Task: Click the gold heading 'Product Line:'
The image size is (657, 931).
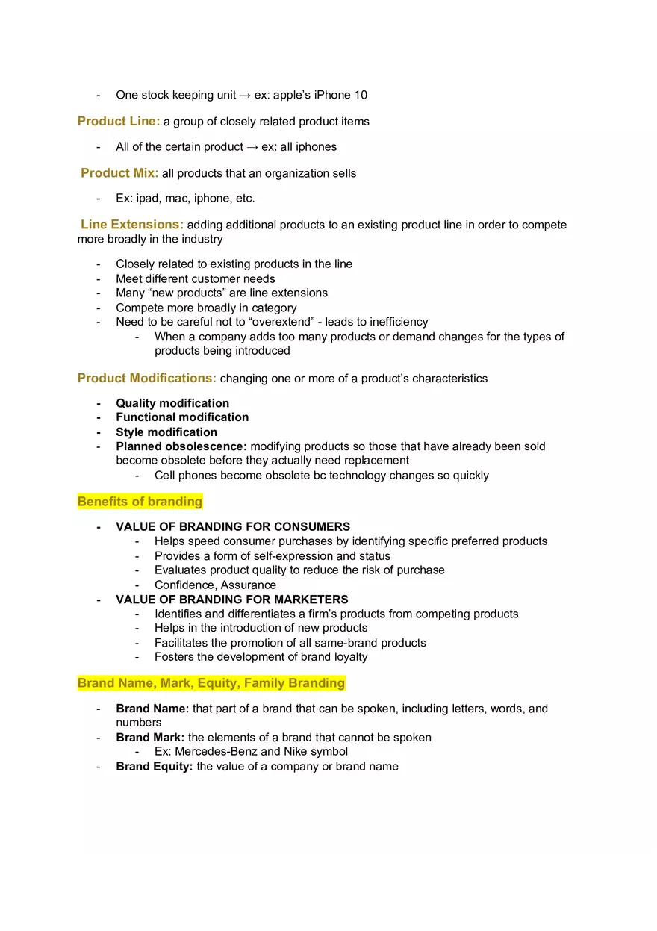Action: [x=119, y=121]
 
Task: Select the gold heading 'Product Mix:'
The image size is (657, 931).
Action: [x=119, y=173]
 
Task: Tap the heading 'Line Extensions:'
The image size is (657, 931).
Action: [x=131, y=225]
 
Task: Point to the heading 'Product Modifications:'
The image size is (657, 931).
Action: [x=147, y=378]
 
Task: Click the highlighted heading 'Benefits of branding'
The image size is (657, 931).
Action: [x=140, y=502]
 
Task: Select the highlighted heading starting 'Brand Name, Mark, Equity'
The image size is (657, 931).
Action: [x=211, y=683]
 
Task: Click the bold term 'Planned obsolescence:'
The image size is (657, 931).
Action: [x=181, y=446]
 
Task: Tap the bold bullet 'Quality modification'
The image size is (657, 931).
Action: [x=172, y=403]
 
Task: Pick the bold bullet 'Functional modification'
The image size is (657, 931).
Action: [x=182, y=417]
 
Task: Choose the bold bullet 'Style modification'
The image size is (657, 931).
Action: [x=166, y=432]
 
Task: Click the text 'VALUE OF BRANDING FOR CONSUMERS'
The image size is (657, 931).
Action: [x=233, y=527]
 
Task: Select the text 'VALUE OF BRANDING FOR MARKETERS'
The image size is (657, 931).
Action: [x=232, y=600]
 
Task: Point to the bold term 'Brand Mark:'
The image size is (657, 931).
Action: [x=150, y=738]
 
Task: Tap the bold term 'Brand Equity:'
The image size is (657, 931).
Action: [x=155, y=767]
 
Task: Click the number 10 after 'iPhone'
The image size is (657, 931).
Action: [x=360, y=95]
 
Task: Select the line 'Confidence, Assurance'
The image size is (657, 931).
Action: [x=215, y=585]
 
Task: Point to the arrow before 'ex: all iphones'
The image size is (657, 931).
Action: [x=252, y=147]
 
